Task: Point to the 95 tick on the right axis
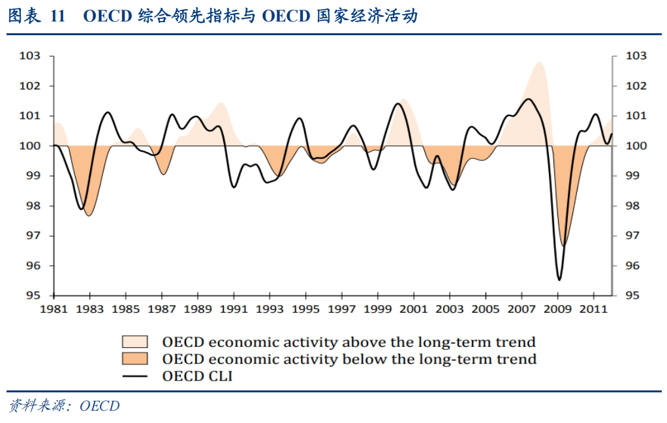point(636,296)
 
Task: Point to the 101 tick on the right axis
point(636,116)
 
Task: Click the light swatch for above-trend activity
point(134,342)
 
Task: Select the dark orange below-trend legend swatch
point(134,358)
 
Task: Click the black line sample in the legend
point(134,375)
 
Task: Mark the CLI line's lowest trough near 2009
point(559,280)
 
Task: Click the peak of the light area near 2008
point(539,63)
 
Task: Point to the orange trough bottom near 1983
point(89,215)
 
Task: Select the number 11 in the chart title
point(57,17)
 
